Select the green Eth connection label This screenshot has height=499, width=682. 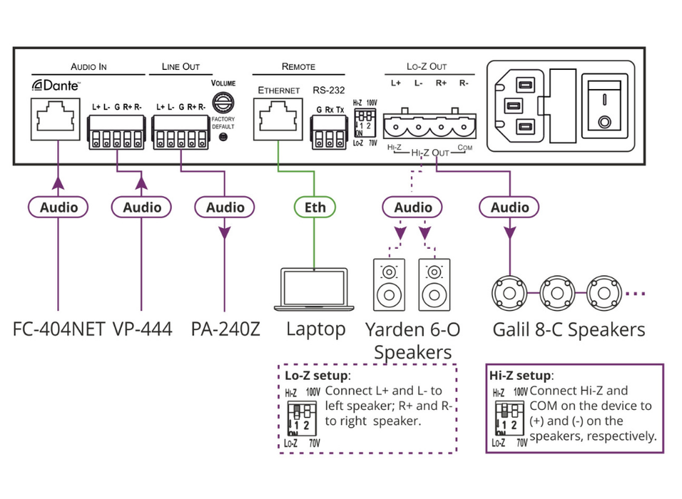click(x=315, y=207)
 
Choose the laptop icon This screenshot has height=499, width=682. click(x=315, y=289)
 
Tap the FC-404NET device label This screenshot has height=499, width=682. click(x=58, y=329)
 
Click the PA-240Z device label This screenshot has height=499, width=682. click(x=225, y=329)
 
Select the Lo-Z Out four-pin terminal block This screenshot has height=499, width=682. click(x=428, y=126)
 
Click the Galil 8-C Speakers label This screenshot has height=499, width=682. click(x=568, y=329)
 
